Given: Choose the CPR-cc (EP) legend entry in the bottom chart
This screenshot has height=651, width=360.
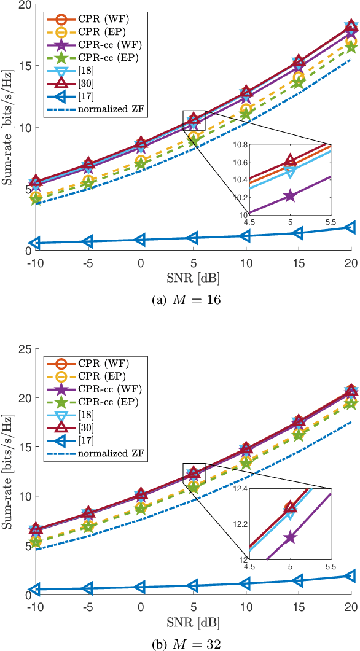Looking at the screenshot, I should (92, 401).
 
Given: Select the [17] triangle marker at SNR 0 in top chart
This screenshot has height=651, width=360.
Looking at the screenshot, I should (141, 240).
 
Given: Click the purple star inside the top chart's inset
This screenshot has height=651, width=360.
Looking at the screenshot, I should (289, 197).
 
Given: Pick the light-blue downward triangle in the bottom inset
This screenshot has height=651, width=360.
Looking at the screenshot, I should (289, 515).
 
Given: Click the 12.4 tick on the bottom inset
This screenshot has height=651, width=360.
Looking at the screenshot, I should (238, 489).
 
